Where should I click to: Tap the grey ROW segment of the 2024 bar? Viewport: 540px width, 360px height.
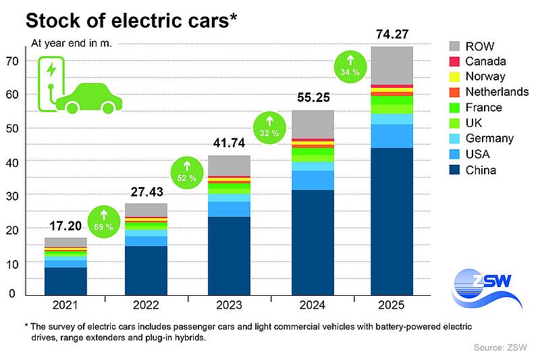(313, 124)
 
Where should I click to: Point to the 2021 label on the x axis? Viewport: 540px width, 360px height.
(66, 305)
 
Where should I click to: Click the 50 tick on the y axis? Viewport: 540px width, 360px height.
(11, 128)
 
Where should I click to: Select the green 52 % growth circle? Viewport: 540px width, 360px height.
(185, 174)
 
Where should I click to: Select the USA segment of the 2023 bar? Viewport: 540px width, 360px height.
(229, 209)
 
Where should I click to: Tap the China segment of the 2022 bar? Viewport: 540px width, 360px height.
(146, 270)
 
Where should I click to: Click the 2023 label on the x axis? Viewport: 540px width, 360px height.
(230, 305)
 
